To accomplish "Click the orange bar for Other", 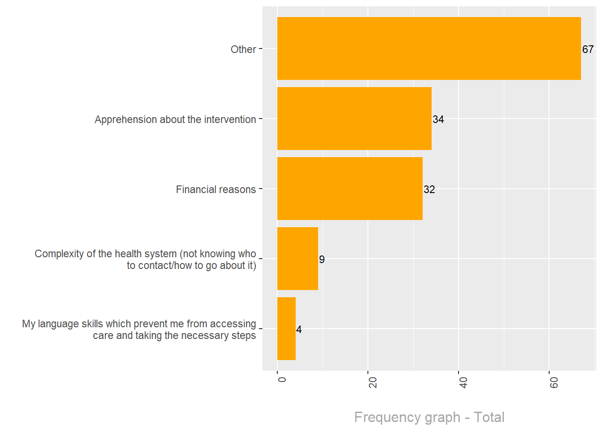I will [x=429, y=48].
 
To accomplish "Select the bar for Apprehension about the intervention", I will [x=354, y=119].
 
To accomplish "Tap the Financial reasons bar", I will [x=350, y=189].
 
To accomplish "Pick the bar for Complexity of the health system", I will [x=297, y=259].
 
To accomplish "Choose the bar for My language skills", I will [x=286, y=329].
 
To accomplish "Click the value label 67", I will [x=588, y=49].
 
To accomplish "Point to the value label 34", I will [x=438, y=119].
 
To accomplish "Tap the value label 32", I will [x=429, y=189].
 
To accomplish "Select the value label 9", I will [x=322, y=259].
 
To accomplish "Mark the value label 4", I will [x=299, y=330].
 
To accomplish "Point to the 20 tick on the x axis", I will [x=372, y=383].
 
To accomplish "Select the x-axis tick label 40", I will [x=463, y=383].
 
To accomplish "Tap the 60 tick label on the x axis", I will [x=554, y=383].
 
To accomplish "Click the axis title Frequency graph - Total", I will [x=429, y=417].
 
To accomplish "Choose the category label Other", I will [x=243, y=49].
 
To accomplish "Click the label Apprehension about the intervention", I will [x=175, y=119].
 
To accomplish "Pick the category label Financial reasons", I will [x=216, y=189].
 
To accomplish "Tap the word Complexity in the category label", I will [x=59, y=254].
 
